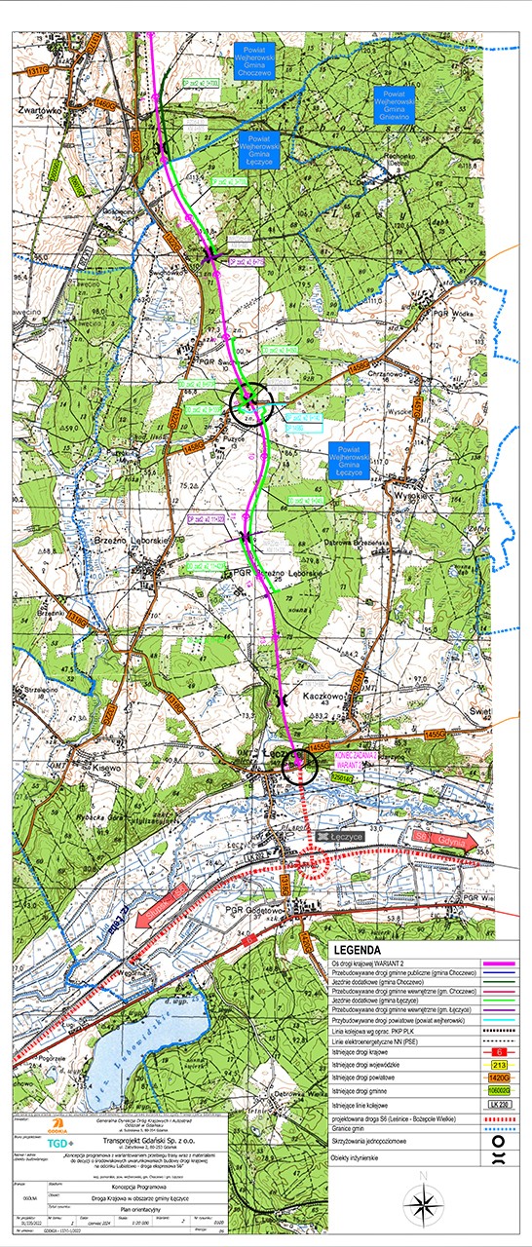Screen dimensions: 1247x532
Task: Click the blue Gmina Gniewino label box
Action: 396,103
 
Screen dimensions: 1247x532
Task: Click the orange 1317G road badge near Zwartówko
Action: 38,71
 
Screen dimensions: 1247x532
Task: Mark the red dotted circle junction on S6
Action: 312,863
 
